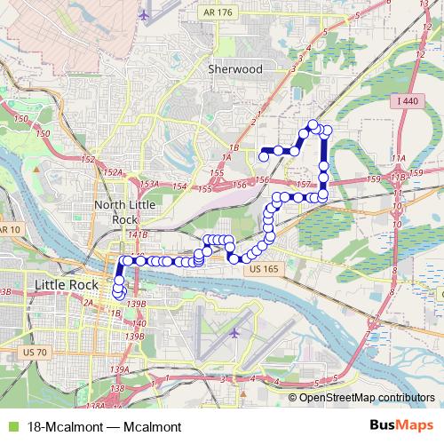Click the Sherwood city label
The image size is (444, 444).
pos(234,67)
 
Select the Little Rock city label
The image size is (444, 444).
pos(67,284)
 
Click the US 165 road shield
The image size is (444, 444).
pos(264,268)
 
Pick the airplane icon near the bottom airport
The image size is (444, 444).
pos(234,333)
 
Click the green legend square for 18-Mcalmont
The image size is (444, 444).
pos(11,426)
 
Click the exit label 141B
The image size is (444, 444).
pos(137,234)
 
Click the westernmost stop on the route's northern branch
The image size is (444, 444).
pos(263,157)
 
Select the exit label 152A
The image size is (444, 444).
pos(112,171)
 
